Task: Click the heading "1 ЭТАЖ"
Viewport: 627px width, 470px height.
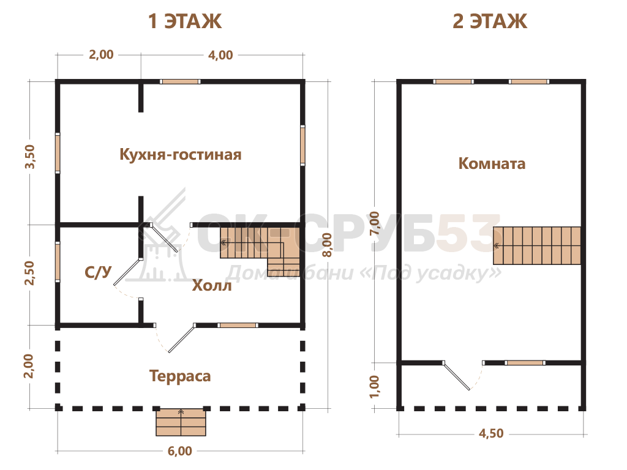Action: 184,21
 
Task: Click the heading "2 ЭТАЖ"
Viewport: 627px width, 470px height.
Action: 490,21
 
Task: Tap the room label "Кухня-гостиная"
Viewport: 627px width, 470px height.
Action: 181,154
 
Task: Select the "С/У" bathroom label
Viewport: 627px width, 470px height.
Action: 97,272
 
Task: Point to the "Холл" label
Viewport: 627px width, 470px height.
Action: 211,286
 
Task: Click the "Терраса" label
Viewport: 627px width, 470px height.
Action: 180,376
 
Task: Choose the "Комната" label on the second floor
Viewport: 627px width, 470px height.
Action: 492,163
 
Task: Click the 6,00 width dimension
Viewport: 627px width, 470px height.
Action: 179,451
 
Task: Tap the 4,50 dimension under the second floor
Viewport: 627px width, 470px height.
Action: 491,434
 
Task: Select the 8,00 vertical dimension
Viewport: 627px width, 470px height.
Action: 327,245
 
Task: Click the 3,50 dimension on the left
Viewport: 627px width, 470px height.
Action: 30,157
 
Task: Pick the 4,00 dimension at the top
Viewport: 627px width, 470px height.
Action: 220,55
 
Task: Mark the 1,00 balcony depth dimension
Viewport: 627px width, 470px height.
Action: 375,387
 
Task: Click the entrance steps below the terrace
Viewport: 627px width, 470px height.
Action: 181,422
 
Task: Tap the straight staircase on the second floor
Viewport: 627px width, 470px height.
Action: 536,245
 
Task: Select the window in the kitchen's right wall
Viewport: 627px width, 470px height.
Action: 302,145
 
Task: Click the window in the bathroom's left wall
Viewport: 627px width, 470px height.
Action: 58,262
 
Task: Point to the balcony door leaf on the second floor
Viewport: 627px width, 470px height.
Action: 457,376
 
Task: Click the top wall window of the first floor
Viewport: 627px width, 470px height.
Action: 180,81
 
